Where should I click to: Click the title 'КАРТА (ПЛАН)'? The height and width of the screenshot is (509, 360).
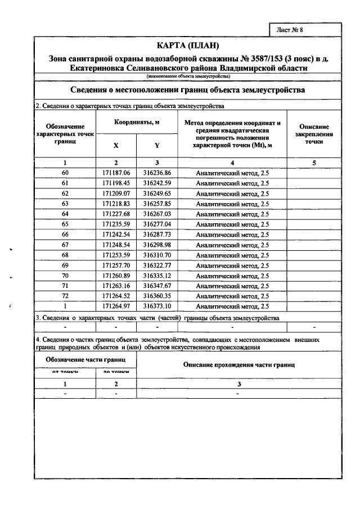187,45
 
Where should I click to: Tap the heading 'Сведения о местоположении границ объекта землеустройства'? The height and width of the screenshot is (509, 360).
187,90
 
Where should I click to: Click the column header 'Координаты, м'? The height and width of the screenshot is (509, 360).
136,122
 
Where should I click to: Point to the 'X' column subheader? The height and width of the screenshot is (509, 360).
116,145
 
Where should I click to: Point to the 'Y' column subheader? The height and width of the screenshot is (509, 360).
157,145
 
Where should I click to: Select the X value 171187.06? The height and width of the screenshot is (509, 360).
116,173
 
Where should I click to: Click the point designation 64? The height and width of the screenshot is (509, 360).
65,214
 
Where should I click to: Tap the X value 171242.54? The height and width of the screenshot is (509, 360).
116,234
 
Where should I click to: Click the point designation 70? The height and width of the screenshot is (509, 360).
65,276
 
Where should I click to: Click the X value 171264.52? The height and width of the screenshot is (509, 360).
116,296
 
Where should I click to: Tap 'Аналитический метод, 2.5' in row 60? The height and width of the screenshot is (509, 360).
232,173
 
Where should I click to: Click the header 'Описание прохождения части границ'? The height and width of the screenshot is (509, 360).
238,365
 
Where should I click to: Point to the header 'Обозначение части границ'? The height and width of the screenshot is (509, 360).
85,359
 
